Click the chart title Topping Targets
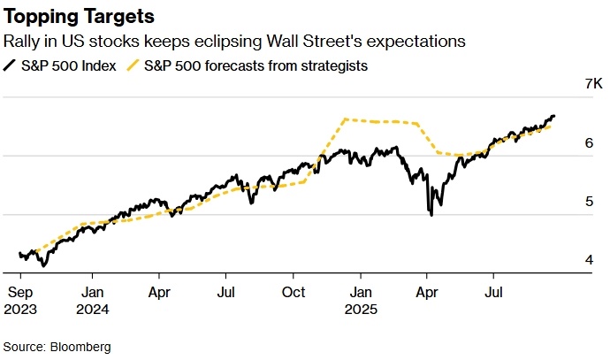(80, 17)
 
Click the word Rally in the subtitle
(24, 42)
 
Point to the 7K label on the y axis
(568, 84)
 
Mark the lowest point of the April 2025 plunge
(431, 215)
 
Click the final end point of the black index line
(554, 116)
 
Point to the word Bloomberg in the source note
(80, 347)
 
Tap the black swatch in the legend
(11, 65)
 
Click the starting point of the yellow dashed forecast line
(21, 257)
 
